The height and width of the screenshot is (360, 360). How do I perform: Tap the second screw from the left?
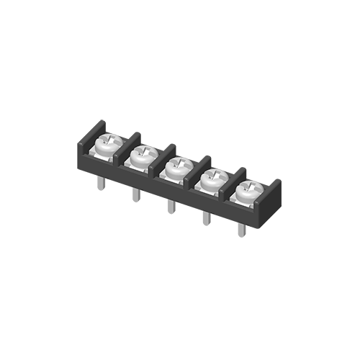141,156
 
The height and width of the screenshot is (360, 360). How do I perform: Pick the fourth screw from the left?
211,180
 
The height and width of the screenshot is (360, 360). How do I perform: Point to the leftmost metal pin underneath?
102,184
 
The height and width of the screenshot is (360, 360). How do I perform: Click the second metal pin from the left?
135,196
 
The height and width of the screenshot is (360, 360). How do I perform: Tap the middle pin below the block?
170,207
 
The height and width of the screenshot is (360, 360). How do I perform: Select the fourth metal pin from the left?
206,218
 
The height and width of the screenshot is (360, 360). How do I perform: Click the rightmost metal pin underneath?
242,230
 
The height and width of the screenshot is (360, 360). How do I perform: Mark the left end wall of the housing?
84,143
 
